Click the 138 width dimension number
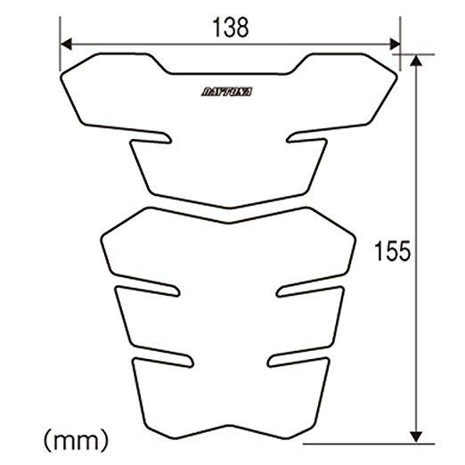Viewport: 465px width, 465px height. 231,28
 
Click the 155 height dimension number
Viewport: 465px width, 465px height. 392,251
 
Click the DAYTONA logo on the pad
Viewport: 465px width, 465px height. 227,92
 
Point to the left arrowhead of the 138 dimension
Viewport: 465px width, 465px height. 66,44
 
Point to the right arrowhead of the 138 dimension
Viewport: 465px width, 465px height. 395,44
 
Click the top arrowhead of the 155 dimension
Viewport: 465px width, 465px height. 416,61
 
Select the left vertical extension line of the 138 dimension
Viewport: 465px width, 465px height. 60,44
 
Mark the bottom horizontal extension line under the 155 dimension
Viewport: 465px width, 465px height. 369,445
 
